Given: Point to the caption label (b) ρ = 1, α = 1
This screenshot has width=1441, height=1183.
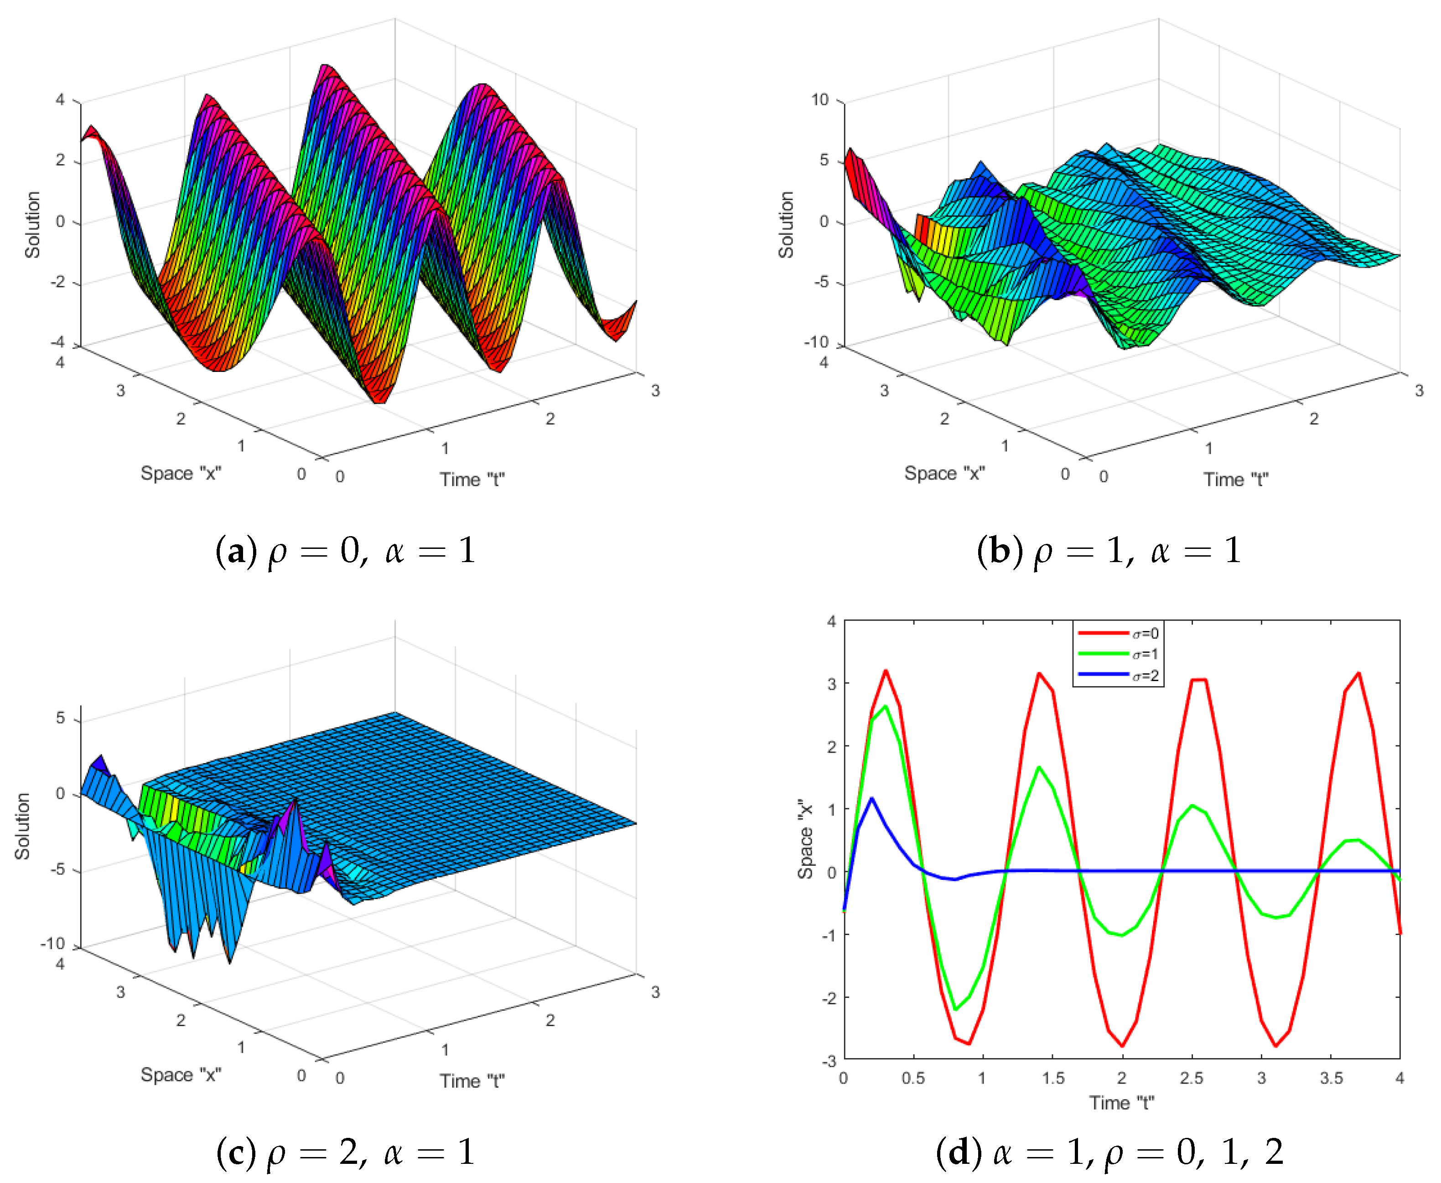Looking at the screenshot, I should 1109,551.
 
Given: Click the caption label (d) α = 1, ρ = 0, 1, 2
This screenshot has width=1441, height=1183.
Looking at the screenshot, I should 1109,1152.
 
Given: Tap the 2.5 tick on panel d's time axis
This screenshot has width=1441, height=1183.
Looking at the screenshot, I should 1192,1079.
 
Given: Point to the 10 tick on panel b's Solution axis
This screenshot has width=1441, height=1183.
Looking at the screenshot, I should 820,100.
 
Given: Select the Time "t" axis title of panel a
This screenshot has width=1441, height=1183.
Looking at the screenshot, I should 472,480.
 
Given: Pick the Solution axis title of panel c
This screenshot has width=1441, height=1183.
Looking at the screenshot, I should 22,826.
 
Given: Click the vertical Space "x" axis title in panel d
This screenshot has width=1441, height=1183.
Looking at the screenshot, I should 806,839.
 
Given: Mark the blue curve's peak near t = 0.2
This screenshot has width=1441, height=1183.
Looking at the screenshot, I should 872,799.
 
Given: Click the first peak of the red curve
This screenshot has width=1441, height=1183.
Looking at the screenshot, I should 886,671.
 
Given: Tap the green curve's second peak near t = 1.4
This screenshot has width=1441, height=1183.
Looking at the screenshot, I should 1039,767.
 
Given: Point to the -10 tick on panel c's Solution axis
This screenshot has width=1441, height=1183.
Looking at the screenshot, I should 52,944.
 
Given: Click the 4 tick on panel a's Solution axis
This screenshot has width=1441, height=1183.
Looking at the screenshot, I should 61,100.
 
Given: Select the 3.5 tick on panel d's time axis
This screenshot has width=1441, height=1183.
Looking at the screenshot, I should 1331,1079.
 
